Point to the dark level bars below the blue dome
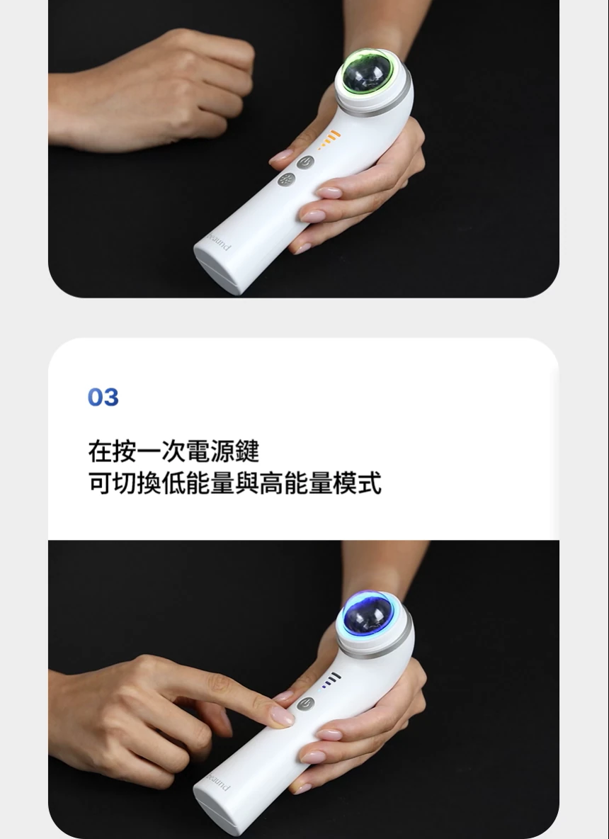pyautogui.click(x=331, y=681)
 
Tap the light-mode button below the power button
pyautogui.click(x=286, y=181)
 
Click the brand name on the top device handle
pyautogui.click(x=217, y=242)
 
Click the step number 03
pyautogui.click(x=103, y=398)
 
